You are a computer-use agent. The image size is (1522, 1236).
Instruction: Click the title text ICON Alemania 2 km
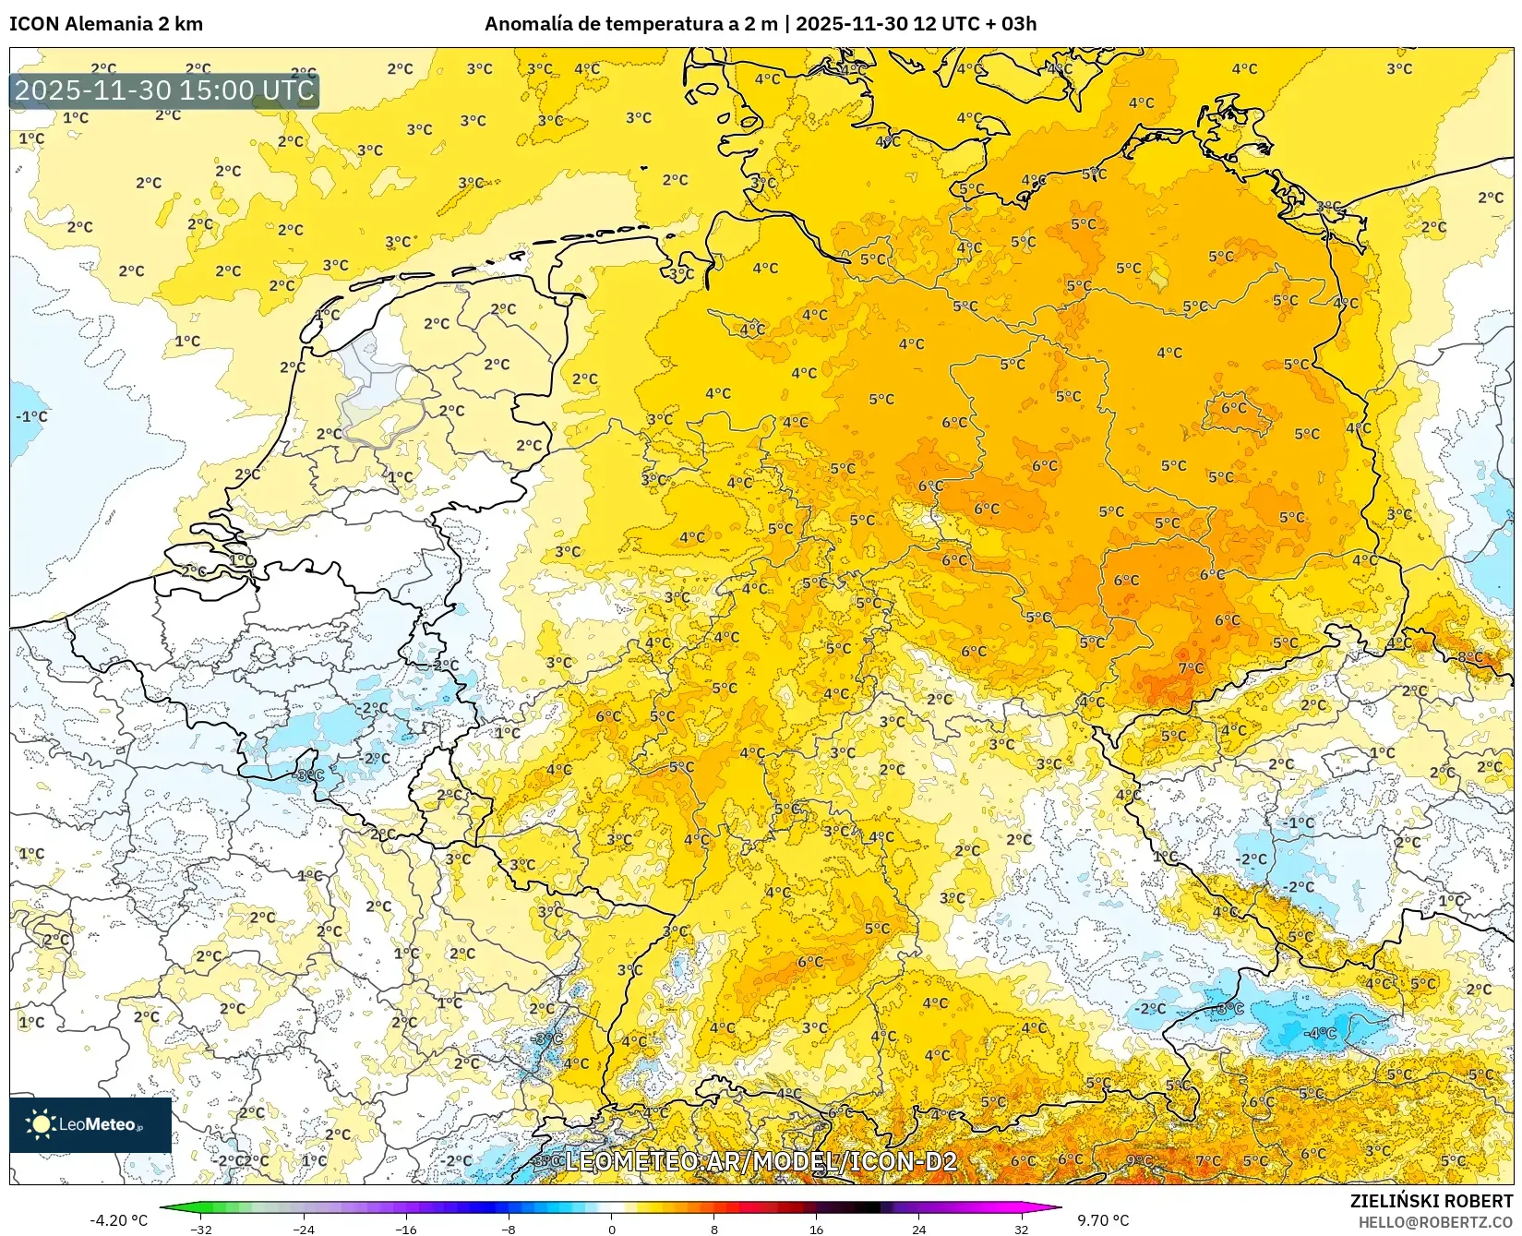pyautogui.click(x=106, y=24)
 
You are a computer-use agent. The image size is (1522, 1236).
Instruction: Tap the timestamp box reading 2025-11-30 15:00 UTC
pyautogui.click(x=164, y=90)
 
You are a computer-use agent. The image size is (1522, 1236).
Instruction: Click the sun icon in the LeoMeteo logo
pyautogui.click(x=41, y=1124)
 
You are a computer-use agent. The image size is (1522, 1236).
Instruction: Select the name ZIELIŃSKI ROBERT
pyautogui.click(x=1431, y=1202)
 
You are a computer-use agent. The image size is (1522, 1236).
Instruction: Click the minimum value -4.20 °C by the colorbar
pyautogui.click(x=118, y=1220)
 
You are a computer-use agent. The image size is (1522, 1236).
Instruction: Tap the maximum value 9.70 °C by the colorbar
pyautogui.click(x=1103, y=1220)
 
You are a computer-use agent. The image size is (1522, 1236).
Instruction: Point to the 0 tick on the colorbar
pyautogui.click(x=611, y=1229)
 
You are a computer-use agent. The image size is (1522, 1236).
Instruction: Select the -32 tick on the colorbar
pyautogui.click(x=200, y=1229)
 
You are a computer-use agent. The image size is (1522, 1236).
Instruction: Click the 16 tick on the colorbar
pyautogui.click(x=816, y=1229)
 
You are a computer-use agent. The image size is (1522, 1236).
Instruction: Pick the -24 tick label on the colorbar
pyautogui.click(x=304, y=1229)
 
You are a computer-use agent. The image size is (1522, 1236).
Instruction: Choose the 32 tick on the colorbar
pyautogui.click(x=1021, y=1229)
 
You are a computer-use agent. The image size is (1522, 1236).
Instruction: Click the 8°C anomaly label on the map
pyautogui.click(x=1469, y=657)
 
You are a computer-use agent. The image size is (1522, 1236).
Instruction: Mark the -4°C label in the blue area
pyautogui.click(x=1322, y=1033)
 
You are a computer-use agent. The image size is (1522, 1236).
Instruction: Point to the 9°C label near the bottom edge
pyautogui.click(x=1139, y=1160)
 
